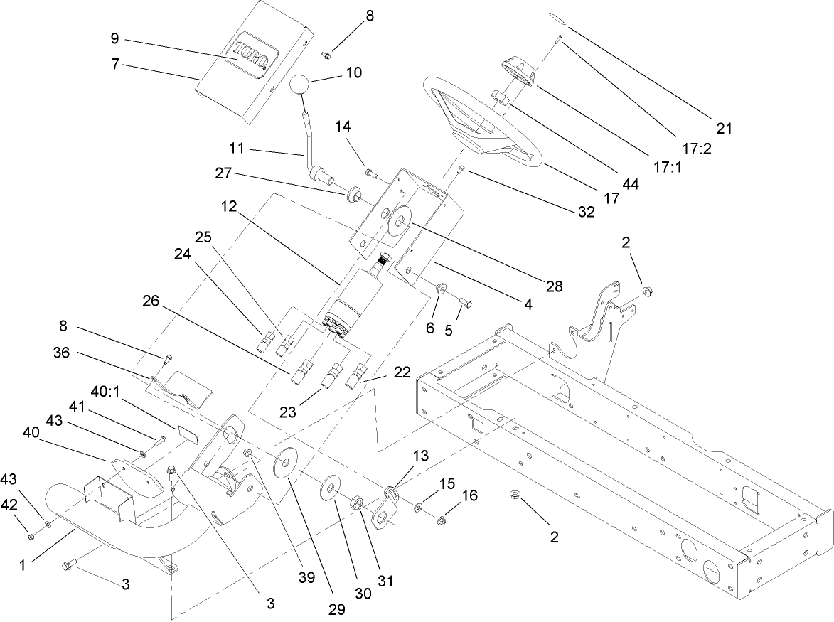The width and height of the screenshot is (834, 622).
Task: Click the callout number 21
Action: tap(725, 129)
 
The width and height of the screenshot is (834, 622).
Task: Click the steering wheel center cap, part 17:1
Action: tap(518, 72)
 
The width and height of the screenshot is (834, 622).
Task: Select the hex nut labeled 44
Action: tap(500, 97)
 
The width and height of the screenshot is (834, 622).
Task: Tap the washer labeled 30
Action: tap(330, 488)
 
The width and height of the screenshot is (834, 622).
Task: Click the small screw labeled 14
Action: tap(370, 171)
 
